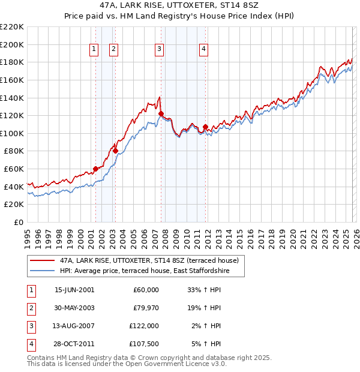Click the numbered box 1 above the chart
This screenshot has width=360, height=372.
95,50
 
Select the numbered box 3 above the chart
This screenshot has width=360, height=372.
159,50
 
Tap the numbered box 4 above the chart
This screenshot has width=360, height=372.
204,50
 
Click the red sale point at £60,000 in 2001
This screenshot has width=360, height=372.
95,169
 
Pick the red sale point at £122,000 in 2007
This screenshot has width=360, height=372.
161,113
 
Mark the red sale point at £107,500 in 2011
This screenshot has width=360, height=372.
205,127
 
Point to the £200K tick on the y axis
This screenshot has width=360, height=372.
12,44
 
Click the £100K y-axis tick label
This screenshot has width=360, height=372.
12,133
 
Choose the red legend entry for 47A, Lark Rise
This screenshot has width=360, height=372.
149,260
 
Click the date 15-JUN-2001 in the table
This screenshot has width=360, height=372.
74,290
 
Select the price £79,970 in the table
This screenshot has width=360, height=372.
144,308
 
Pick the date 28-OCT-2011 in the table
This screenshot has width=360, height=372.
74,344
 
